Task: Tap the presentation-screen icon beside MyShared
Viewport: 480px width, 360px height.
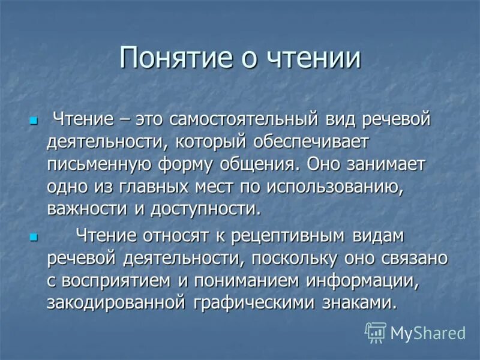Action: pyautogui.click(x=376, y=332)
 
